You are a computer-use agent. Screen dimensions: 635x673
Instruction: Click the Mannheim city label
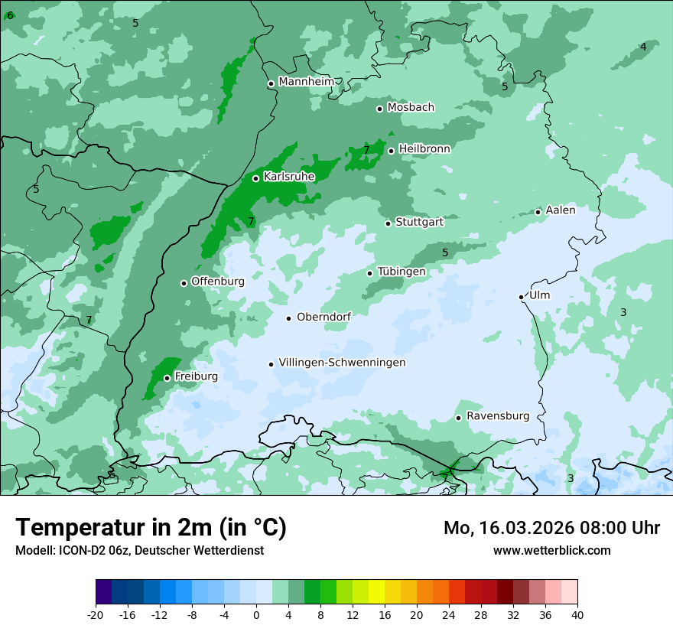[x=306, y=82]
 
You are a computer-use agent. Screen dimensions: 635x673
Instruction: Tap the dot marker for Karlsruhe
[x=255, y=178]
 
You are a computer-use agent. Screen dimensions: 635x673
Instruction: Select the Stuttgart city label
[x=419, y=223]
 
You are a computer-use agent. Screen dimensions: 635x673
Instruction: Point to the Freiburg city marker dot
[x=167, y=378]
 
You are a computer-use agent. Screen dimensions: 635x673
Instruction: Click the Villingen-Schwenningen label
[x=342, y=363]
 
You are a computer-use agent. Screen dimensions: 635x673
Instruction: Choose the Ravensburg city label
[x=497, y=416]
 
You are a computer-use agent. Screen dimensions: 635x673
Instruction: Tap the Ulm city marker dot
[x=521, y=297]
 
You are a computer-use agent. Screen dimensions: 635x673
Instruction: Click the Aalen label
[x=560, y=210]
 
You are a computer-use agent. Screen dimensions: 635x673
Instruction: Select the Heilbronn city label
[x=424, y=149]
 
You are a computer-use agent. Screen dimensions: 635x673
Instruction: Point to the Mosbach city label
[x=410, y=108]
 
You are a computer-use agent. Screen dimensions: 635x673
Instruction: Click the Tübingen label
[x=401, y=272]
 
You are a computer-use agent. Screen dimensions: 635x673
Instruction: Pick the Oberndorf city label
[x=323, y=317]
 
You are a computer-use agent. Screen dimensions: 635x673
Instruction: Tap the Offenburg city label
[x=217, y=282]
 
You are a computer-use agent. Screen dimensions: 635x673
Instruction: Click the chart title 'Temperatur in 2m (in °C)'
[x=151, y=528]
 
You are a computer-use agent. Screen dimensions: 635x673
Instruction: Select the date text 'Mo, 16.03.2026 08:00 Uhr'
[x=551, y=528]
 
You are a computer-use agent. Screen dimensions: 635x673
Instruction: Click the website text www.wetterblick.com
[x=551, y=551]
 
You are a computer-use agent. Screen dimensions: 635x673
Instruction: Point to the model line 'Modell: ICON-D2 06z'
[x=139, y=551]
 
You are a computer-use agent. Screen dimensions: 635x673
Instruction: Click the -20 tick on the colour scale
[x=96, y=615]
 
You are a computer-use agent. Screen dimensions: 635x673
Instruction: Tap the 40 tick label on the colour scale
[x=577, y=615]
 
